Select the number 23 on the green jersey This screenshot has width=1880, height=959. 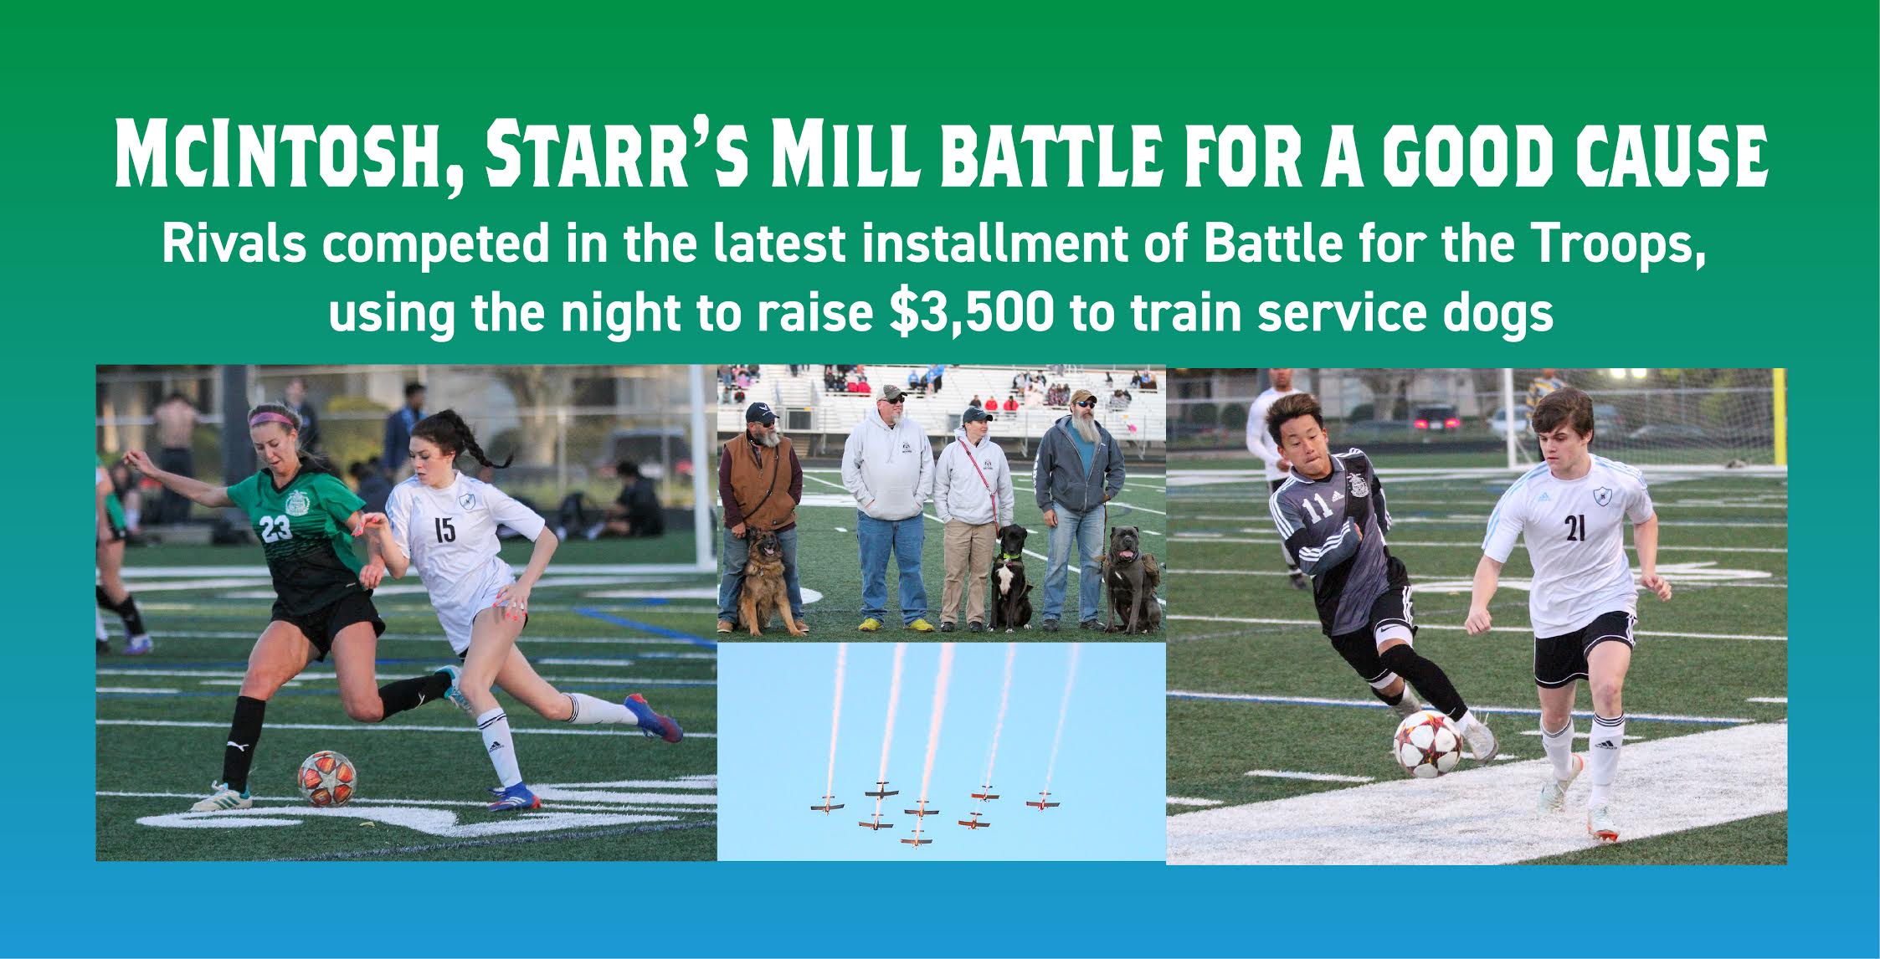point(275,528)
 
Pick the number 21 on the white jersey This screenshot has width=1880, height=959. point(1574,528)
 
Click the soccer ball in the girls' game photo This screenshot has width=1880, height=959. point(326,778)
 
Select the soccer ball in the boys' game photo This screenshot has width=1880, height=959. point(1427,744)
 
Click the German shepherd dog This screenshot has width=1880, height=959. point(763,577)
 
